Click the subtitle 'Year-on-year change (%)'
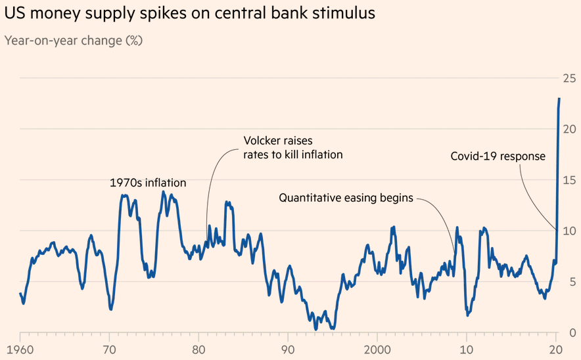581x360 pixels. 74,41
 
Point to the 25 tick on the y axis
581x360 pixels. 569,79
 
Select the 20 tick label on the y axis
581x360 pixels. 569,129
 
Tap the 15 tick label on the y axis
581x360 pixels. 569,180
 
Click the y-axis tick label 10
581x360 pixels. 569,231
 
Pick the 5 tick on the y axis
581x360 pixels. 572,281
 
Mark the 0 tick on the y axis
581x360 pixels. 572,332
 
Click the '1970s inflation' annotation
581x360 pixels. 148,183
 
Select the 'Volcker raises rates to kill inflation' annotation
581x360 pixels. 293,148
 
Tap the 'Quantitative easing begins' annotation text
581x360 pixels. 346,197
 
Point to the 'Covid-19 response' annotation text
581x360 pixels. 498,156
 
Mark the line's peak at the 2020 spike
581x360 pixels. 559,99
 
